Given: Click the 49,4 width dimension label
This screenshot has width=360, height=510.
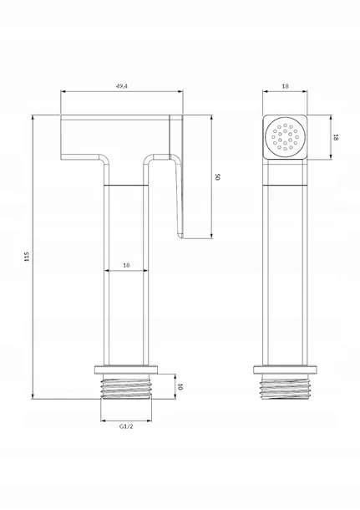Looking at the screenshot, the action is click(x=121, y=86).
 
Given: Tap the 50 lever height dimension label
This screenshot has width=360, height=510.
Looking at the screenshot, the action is click(x=218, y=177).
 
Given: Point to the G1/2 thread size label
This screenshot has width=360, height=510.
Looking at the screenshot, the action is click(x=126, y=426).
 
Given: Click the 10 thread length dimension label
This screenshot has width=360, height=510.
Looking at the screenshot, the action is click(x=180, y=387).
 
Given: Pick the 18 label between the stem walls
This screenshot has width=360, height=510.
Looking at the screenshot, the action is click(x=126, y=265).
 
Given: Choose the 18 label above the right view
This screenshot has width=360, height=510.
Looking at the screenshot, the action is click(x=285, y=86).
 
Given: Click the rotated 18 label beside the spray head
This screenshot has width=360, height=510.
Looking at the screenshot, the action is click(x=336, y=137).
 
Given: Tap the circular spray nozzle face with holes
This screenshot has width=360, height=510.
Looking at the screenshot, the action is click(x=285, y=137).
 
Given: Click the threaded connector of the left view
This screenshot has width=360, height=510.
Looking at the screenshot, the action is click(x=126, y=386).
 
